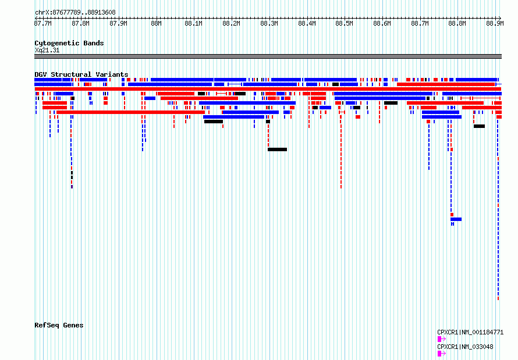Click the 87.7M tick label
(43, 23)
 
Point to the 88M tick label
(156, 23)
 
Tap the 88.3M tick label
(269, 23)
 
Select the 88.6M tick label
(382, 23)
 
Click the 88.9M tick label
(495, 23)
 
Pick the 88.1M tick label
(194, 23)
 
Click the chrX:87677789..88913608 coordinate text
(75, 12)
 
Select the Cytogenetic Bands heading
(69, 43)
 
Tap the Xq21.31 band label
(47, 50)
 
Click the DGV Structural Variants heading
(81, 74)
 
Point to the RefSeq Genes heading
(59, 325)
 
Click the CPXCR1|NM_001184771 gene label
(470, 332)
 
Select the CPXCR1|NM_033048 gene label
(465, 347)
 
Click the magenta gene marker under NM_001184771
(442, 339)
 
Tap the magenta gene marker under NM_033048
(442, 354)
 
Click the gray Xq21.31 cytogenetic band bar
(268, 56)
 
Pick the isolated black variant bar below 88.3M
(277, 149)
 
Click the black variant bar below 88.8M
(480, 126)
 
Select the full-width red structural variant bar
(268, 89)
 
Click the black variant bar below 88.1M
(214, 122)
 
